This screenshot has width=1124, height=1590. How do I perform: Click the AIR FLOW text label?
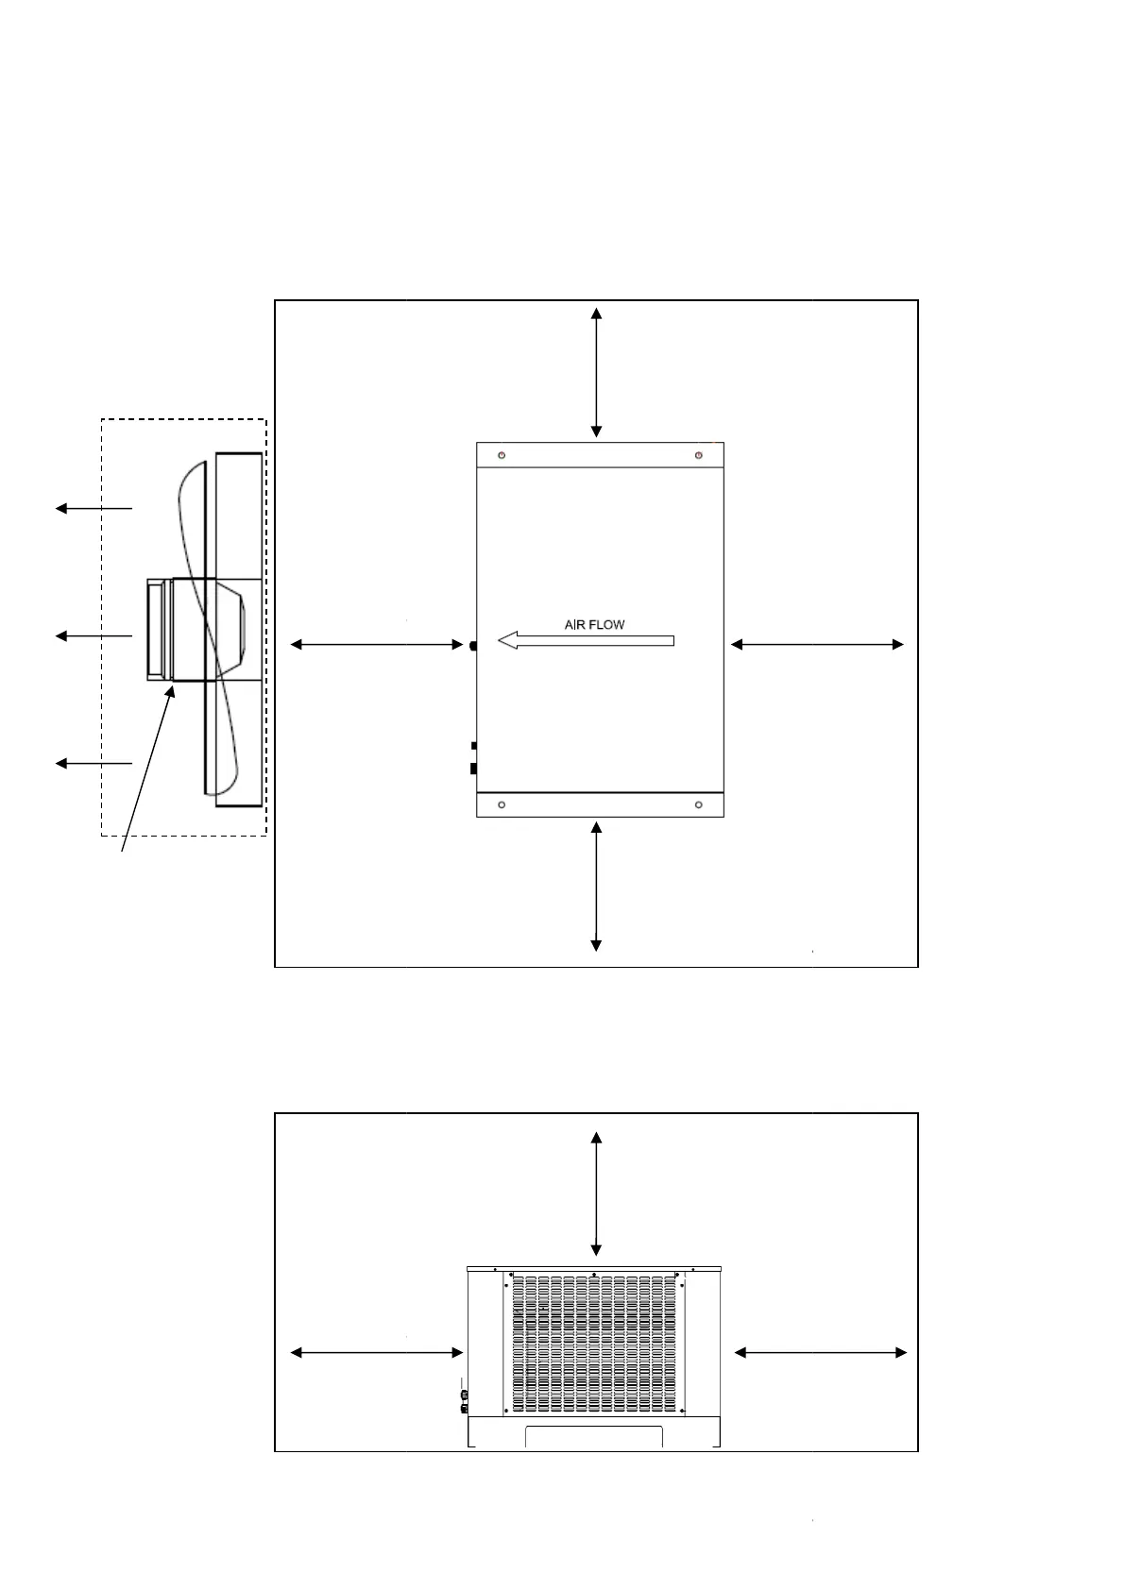click(594, 624)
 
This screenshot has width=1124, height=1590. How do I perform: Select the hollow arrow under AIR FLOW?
click(586, 641)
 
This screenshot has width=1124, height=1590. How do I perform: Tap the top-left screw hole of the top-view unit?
click(502, 455)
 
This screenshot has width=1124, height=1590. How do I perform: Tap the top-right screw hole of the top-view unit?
click(698, 455)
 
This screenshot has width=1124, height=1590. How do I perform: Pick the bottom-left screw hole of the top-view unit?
click(502, 804)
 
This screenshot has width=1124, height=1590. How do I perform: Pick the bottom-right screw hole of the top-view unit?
click(698, 804)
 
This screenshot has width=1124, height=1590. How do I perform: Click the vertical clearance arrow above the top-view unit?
click(596, 372)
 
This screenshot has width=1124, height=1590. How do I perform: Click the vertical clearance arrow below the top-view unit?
click(596, 886)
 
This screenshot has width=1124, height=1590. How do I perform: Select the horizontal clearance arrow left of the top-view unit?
click(376, 645)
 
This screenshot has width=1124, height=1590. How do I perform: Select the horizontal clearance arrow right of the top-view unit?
click(817, 645)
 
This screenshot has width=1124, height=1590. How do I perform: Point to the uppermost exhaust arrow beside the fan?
click(94, 509)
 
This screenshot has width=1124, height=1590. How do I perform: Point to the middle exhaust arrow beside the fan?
click(94, 636)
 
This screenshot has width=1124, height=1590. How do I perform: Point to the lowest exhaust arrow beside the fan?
click(94, 763)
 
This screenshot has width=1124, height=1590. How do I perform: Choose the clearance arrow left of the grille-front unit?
click(376, 1353)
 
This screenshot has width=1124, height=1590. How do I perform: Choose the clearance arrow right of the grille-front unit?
click(820, 1353)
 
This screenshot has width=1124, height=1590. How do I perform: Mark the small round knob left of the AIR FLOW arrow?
click(472, 646)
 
